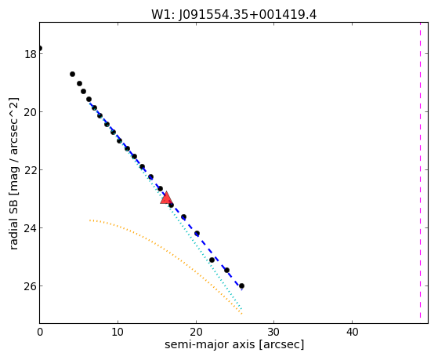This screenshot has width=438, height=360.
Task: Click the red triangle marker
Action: coord(166,198)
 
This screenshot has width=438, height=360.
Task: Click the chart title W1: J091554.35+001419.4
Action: coord(233,15)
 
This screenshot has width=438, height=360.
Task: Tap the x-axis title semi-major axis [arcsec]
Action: coord(234,344)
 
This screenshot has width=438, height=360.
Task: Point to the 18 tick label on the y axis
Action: coord(31,54)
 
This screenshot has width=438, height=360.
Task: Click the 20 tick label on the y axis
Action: coord(31,112)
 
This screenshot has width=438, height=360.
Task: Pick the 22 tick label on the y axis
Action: coord(31,170)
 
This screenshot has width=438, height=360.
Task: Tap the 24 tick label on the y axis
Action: coord(31,228)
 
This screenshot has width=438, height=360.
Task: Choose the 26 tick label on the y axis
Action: coord(31,286)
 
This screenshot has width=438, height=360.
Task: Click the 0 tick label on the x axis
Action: coord(40,332)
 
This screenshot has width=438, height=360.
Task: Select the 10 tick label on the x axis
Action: coord(118,332)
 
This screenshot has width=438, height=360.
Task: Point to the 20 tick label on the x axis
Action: coord(196,332)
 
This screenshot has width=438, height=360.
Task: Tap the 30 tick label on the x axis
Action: coord(273,332)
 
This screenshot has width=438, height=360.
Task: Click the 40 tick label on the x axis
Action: coord(352,332)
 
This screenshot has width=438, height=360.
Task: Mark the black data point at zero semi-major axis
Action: coord(40,48)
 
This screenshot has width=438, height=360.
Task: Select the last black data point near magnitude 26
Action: coord(241,285)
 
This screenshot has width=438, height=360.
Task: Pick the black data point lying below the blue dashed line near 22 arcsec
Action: coord(212,260)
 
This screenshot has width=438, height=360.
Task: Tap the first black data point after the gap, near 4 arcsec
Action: coord(72,75)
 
